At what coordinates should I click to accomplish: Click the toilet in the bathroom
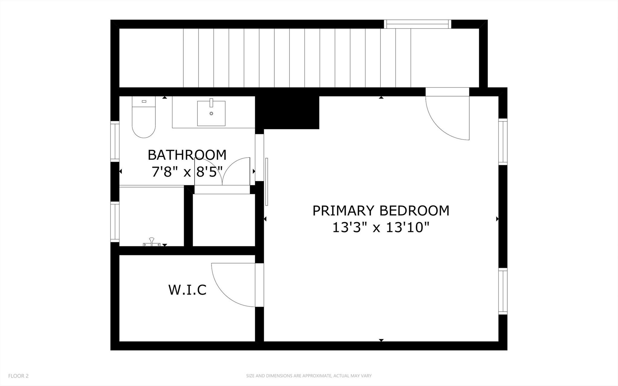click(144, 118)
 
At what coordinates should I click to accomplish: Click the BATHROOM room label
click(187, 155)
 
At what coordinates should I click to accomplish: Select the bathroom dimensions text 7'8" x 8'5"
click(187, 172)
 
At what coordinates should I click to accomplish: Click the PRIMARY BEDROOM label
click(381, 211)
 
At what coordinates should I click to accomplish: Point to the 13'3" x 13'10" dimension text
click(381, 227)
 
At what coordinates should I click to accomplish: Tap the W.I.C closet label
click(187, 290)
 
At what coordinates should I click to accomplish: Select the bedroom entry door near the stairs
click(447, 115)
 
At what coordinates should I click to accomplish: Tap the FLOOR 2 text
click(18, 376)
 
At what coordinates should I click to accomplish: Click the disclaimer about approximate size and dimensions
click(309, 376)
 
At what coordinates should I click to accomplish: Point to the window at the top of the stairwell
click(418, 24)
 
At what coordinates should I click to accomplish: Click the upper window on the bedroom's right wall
click(503, 141)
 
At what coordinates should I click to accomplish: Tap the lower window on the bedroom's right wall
click(503, 291)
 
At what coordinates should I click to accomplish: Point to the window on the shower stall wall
click(115, 222)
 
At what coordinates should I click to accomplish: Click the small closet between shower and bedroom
click(223, 220)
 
